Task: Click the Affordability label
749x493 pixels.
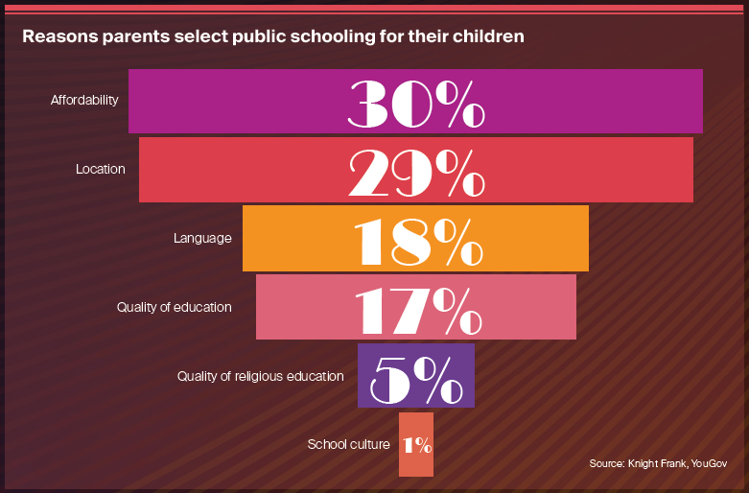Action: pyautogui.click(x=84, y=100)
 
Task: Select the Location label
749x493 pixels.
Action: pyautogui.click(x=101, y=169)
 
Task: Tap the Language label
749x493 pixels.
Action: pyautogui.click(x=202, y=238)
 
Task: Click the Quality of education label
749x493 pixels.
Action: pyautogui.click(x=175, y=307)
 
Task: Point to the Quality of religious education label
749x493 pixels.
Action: pyautogui.click(x=260, y=376)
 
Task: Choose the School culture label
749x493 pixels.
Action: pyautogui.click(x=348, y=444)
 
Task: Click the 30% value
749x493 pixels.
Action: pyautogui.click(x=416, y=102)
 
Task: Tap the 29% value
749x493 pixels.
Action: pyautogui.click(x=416, y=171)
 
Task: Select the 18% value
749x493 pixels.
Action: pyautogui.click(x=416, y=239)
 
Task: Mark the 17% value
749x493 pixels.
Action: pyautogui.click(x=416, y=308)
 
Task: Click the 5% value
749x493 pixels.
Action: pyautogui.click(x=416, y=377)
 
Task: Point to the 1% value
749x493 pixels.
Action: pyautogui.click(x=417, y=445)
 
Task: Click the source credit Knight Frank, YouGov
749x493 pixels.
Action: pyautogui.click(x=658, y=464)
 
